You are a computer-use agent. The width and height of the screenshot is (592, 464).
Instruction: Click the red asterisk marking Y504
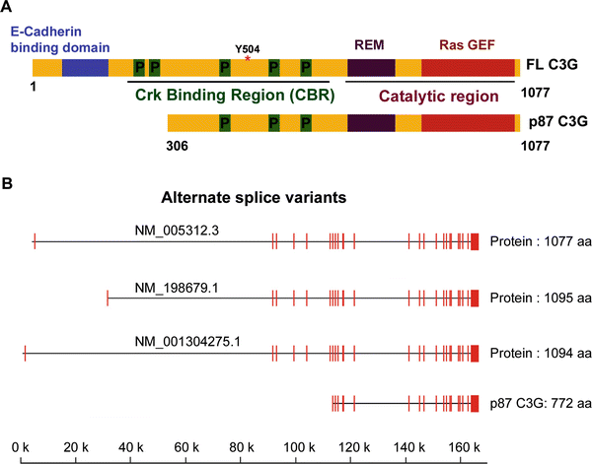pyautogui.click(x=248, y=59)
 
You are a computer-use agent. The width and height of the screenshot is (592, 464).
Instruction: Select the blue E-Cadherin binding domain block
pyautogui.click(x=85, y=68)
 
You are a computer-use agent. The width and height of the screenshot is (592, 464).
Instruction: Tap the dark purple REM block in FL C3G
pyautogui.click(x=370, y=68)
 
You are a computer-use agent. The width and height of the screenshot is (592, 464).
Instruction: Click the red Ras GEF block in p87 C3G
pyautogui.click(x=467, y=123)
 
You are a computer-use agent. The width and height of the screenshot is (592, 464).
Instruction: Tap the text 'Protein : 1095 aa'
pyautogui.click(x=539, y=297)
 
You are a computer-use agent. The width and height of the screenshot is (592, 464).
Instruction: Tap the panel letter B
pyautogui.click(x=8, y=183)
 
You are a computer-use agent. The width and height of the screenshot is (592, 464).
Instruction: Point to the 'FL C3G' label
pyautogui.click(x=553, y=69)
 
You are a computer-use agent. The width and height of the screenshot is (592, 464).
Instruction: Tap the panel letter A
pyautogui.click(x=8, y=9)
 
